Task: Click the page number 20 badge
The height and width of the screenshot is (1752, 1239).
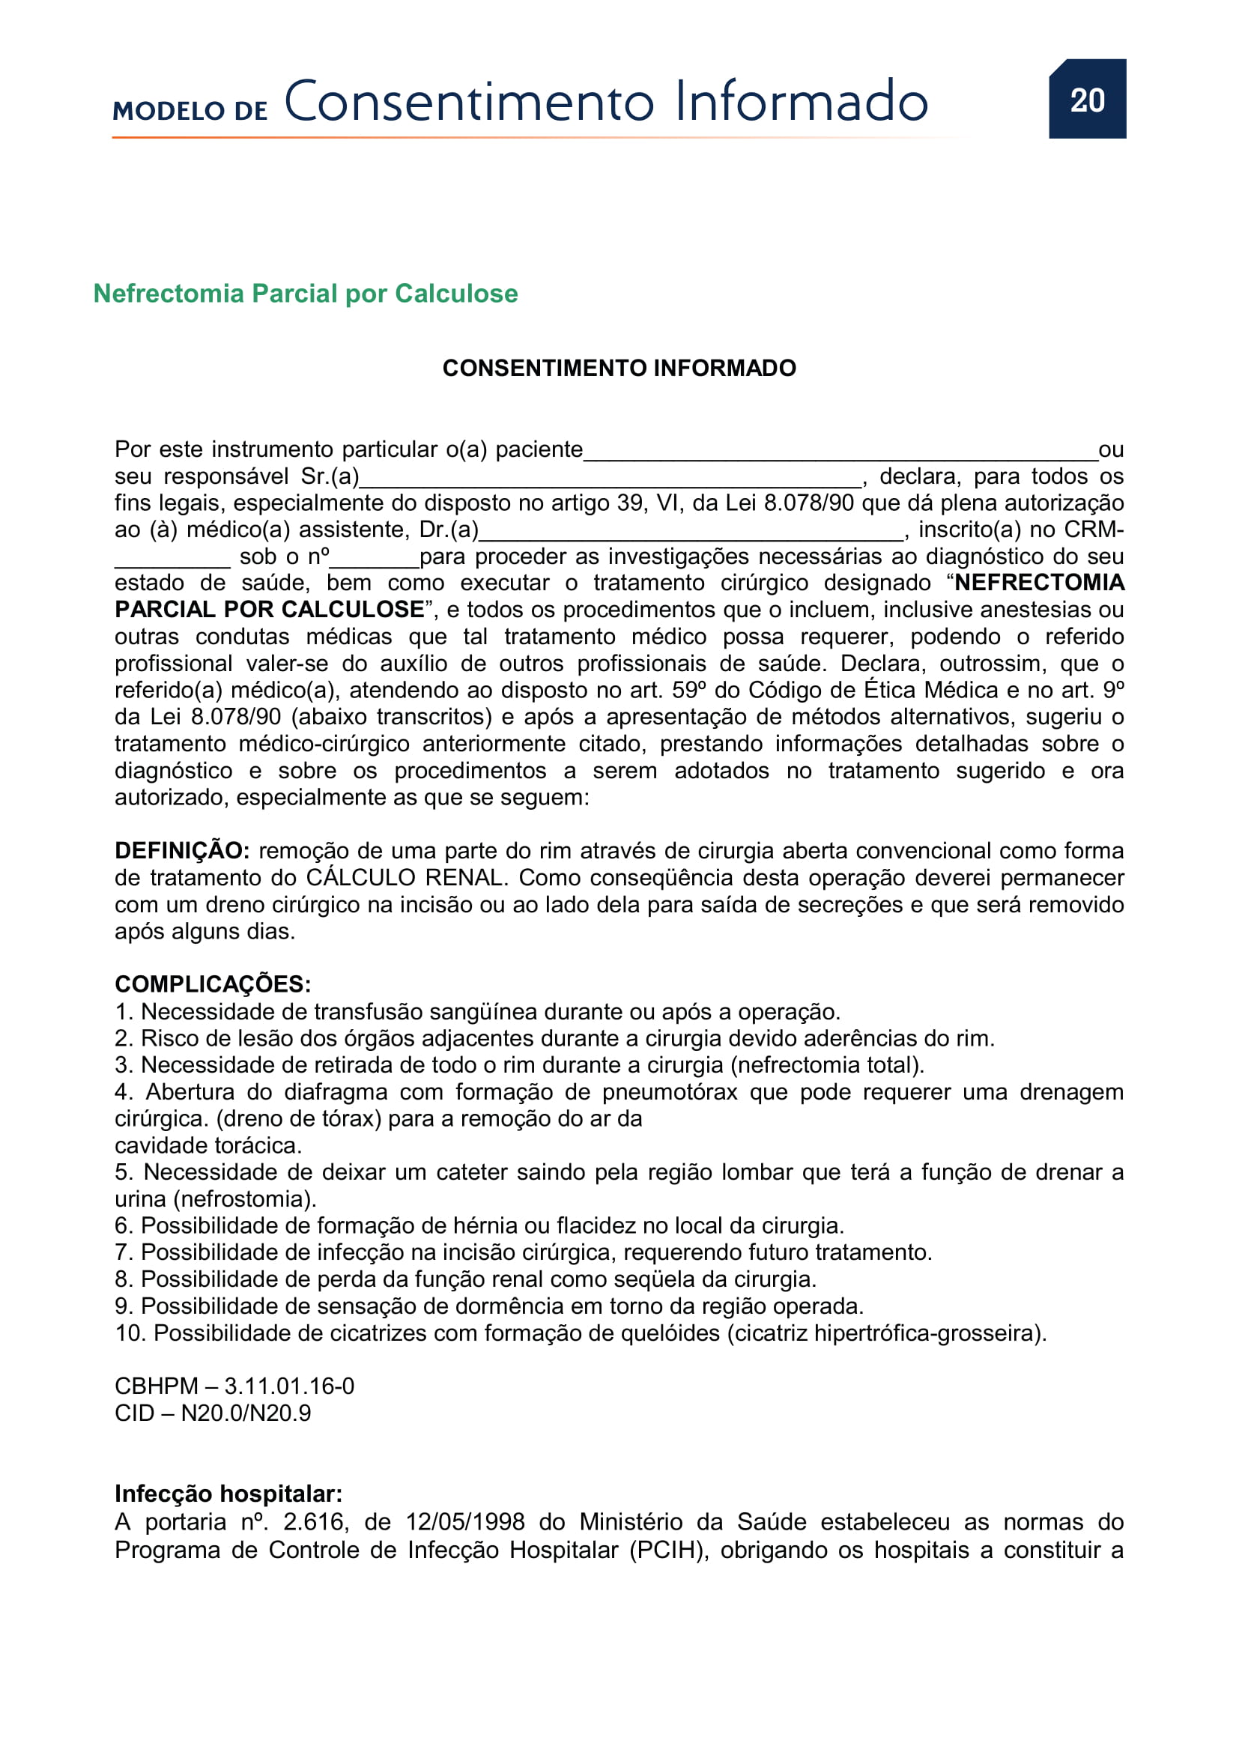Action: [x=1086, y=99]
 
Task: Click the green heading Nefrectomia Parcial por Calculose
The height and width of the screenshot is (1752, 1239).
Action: [x=305, y=294]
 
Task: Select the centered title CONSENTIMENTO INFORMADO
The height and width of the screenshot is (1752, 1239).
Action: [x=619, y=369]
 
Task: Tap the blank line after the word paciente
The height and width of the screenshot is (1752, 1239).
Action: [x=839, y=452]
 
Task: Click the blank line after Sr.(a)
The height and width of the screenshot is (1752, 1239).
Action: [x=611, y=479]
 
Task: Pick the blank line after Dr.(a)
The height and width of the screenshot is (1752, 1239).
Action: [x=691, y=532]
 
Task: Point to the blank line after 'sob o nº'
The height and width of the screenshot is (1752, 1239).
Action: [x=374, y=560]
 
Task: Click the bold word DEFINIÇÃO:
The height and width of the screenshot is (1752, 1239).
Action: [x=181, y=851]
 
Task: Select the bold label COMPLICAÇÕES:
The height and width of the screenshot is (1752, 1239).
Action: [x=213, y=984]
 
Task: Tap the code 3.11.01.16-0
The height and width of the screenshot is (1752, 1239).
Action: [x=289, y=1386]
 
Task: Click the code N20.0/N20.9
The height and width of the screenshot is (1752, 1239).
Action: [x=246, y=1413]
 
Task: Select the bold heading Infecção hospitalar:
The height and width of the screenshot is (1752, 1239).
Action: [x=228, y=1494]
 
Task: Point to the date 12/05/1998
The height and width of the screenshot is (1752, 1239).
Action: [x=464, y=1521]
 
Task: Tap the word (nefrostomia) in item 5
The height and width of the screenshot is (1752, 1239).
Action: [x=244, y=1199]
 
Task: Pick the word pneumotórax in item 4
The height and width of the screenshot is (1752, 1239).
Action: [x=669, y=1092]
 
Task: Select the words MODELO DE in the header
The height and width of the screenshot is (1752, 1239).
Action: [x=190, y=111]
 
